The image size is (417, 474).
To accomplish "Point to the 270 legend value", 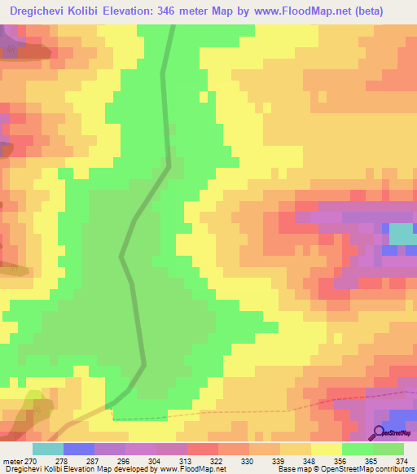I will pos(30,460).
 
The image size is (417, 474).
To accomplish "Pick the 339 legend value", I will pos(279,460).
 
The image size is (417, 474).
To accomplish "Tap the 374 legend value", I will pos(402,460).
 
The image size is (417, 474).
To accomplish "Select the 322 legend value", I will pos(216,460).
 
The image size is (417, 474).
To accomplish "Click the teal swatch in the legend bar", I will pos(48,449).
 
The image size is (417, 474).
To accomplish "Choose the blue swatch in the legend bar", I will pos(79,449).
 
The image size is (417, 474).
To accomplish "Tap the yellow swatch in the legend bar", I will pos(327,449).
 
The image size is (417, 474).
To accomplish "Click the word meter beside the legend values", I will pos(12,460).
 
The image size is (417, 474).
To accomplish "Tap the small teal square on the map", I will pos(400,234).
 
